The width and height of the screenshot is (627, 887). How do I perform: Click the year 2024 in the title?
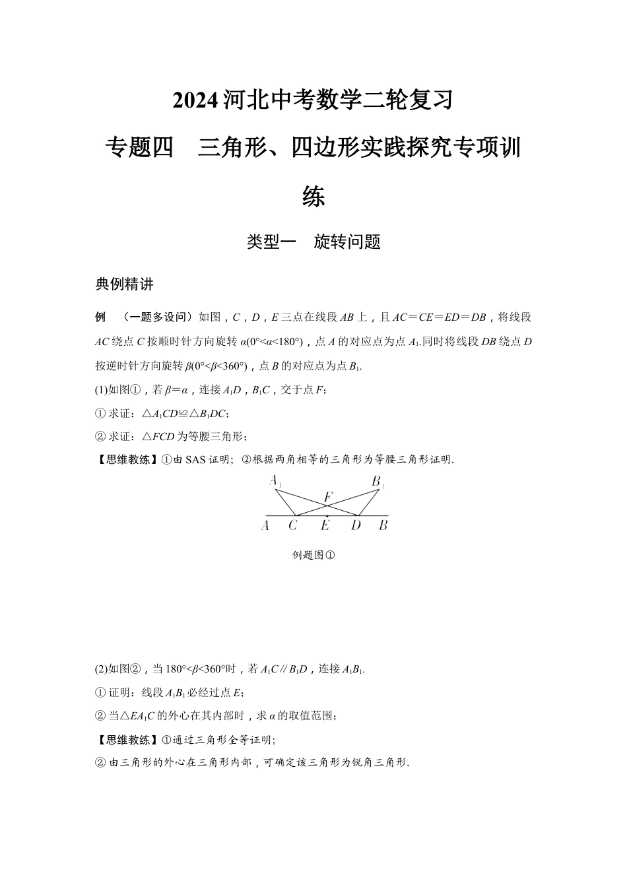(x=195, y=101)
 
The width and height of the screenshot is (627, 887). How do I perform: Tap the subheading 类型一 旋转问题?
(x=313, y=242)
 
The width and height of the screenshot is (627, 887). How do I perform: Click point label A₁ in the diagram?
(x=275, y=481)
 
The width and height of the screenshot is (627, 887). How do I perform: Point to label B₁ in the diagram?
(x=378, y=482)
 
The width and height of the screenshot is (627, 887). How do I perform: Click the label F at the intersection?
(x=328, y=496)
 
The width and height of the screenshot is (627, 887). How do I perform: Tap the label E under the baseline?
(x=325, y=526)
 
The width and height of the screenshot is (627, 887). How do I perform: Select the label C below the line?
(x=292, y=526)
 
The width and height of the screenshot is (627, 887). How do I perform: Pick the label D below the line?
(x=356, y=526)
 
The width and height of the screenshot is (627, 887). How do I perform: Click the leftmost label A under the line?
(x=265, y=526)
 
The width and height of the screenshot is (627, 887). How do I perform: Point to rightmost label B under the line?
(x=383, y=526)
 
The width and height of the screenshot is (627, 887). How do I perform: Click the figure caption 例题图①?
(x=313, y=555)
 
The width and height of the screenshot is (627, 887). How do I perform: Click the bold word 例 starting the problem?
(x=100, y=317)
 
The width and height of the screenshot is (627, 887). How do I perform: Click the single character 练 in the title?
(x=313, y=196)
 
